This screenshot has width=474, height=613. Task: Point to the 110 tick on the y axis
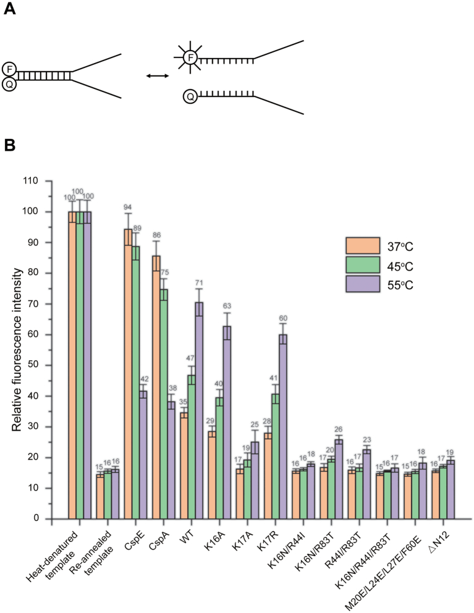click(x=44, y=181)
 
